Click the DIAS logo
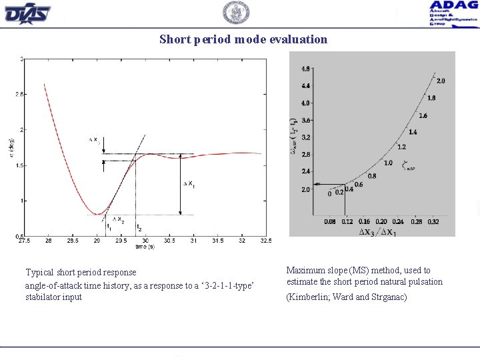27,12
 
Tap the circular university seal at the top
235,13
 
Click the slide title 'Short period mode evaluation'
243,39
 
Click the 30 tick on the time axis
145,241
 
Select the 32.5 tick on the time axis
265,241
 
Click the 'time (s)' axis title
145,247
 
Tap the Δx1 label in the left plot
189,183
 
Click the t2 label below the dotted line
139,228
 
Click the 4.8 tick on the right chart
305,69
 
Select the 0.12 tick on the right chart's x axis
347,221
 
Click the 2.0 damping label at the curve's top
441,81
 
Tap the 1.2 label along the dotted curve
401,147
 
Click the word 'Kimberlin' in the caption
311,297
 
